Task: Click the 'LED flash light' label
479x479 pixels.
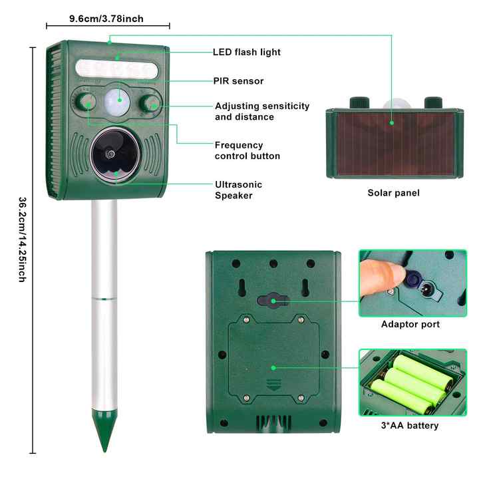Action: click(247, 52)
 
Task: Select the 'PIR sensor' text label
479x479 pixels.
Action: click(238, 81)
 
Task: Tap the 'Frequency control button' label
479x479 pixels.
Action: click(247, 150)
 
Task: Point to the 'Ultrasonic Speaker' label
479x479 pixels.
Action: click(238, 190)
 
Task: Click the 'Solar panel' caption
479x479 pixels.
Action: click(393, 193)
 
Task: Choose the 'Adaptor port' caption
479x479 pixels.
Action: click(410, 324)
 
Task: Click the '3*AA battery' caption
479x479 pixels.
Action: click(410, 426)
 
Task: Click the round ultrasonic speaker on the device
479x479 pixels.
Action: click(110, 154)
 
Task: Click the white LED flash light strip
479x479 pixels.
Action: click(117, 69)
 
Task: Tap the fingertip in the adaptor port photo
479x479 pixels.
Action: click(376, 272)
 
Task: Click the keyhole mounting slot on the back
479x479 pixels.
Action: click(273, 301)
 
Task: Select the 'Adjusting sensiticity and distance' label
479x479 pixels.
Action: click(262, 111)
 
